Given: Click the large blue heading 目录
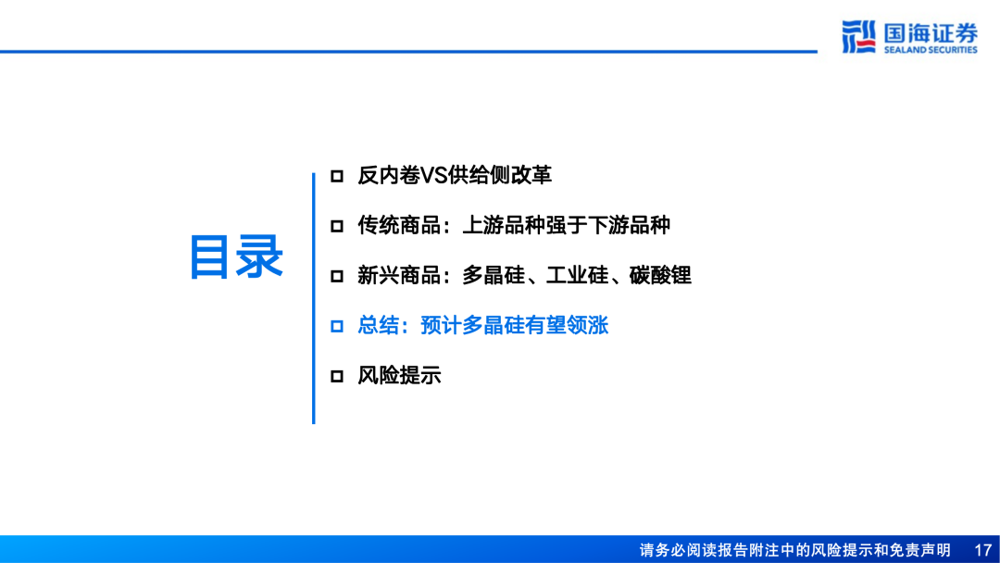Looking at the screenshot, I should (x=236, y=257).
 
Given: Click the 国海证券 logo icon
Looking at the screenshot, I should (x=858, y=36).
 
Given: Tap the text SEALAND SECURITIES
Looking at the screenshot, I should (x=930, y=50).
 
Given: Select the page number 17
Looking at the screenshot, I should (x=982, y=550).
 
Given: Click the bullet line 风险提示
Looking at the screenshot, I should (x=399, y=376).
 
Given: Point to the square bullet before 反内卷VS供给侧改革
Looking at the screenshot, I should (x=337, y=175).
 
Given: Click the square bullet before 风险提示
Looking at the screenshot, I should (x=337, y=376).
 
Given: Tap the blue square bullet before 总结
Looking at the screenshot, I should (x=337, y=326).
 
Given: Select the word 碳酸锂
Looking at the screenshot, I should (x=660, y=275).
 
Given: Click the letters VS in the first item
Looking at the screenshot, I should (x=433, y=175).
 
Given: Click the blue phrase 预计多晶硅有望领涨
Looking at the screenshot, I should (x=514, y=326).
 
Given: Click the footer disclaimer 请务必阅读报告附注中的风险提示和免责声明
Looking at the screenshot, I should (x=794, y=550).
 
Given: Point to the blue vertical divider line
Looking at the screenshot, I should (x=313, y=296).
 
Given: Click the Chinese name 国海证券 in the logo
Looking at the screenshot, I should (x=930, y=32).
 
